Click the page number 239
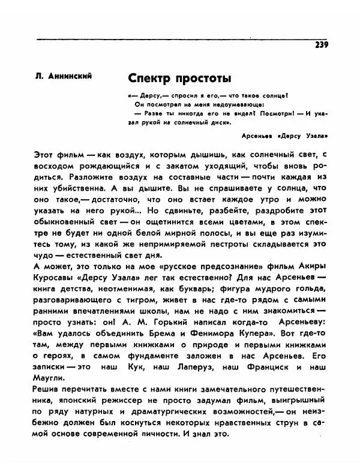[320, 46]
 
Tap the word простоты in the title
[202, 79]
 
